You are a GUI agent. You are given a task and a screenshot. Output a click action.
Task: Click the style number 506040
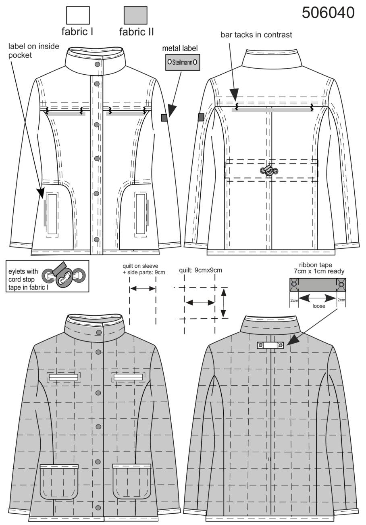click(x=328, y=13)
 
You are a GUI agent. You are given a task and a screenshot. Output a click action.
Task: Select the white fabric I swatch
click(x=78, y=15)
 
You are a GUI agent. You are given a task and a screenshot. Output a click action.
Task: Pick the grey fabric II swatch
click(x=135, y=15)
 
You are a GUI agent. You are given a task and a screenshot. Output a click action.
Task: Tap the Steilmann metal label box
click(x=183, y=62)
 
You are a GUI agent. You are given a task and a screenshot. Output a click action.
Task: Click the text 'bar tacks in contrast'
click(x=256, y=35)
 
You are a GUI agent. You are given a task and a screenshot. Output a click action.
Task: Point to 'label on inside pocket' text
click(x=34, y=50)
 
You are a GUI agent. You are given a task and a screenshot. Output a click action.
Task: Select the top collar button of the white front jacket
click(x=97, y=64)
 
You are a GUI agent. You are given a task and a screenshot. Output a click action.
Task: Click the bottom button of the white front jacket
click(x=96, y=239)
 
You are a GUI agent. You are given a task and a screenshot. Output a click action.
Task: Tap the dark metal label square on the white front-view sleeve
click(x=164, y=118)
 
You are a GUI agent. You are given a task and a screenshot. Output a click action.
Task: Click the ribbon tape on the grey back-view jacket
click(x=270, y=345)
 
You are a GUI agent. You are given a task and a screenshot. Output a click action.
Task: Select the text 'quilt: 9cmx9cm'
click(x=200, y=270)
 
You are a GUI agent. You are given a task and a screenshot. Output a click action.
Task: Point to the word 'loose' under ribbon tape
click(x=318, y=306)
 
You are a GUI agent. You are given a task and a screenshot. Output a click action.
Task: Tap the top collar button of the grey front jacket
click(x=99, y=332)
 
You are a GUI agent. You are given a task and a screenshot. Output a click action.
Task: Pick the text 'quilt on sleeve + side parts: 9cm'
click(x=144, y=269)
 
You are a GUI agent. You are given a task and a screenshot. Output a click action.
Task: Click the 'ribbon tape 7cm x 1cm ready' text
click(x=319, y=268)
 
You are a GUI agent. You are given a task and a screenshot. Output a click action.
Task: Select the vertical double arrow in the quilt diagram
click(x=224, y=303)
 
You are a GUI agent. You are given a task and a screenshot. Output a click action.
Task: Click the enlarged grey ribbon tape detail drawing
click(x=318, y=285)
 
